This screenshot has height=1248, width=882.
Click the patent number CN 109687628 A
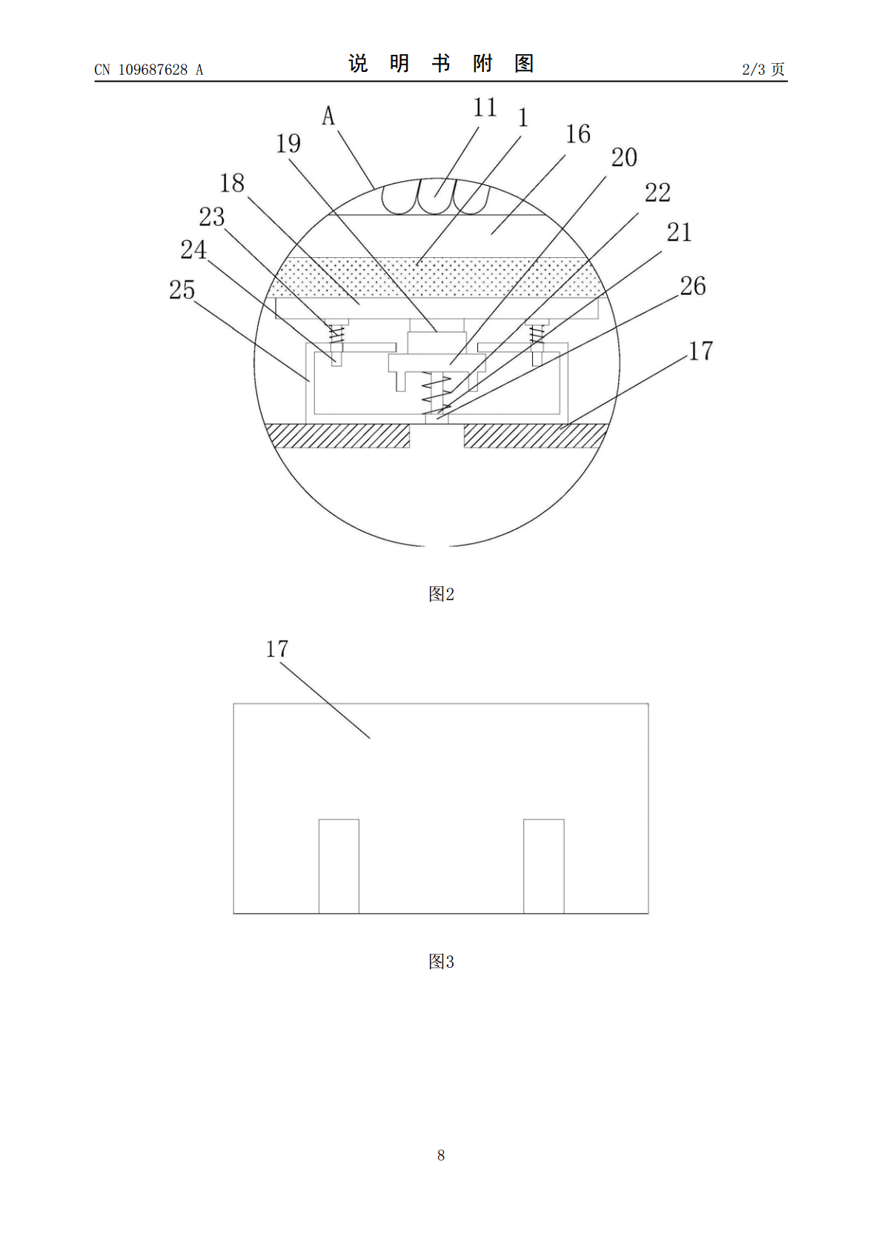[x=149, y=70]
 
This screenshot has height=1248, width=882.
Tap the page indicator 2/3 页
[x=763, y=69]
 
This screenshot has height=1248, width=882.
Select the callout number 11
[x=485, y=107]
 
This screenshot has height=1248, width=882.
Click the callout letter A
[x=328, y=116]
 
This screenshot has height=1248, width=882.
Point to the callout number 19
[x=288, y=144]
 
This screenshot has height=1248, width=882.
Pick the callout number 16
[x=578, y=134]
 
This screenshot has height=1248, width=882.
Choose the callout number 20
[x=624, y=158]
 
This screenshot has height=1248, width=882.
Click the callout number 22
[x=657, y=193]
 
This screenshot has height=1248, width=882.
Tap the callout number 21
[x=679, y=232]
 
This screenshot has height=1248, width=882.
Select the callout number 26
[x=692, y=286]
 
